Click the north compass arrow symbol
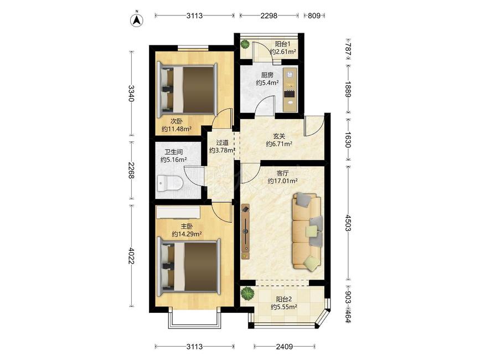pos(137,20)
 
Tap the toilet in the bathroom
pos(169,184)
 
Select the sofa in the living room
pos(307,231)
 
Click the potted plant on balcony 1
pos(245,45)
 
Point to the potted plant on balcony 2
pos(247,294)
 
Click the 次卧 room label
pos(176,121)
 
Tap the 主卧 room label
pos(187,227)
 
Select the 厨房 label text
pos(267,75)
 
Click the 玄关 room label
pos(279,136)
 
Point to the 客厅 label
pos(282,173)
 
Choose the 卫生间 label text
pos(174,152)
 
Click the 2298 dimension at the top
pos(269,16)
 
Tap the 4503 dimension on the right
pos(348,223)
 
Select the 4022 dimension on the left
pos(132,255)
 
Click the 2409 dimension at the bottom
pos(285,347)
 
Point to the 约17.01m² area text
pos(282,181)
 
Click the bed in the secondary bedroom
pos(187,90)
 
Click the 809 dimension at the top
pos(314,16)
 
